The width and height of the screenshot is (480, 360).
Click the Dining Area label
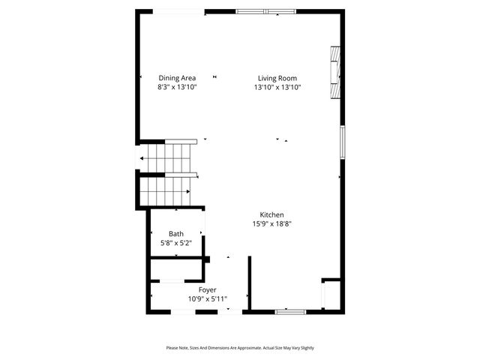177,78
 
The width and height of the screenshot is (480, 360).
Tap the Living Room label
277,78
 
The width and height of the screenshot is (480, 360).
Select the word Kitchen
271,214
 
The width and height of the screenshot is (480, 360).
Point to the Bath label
176,234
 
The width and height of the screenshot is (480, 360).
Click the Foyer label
208,289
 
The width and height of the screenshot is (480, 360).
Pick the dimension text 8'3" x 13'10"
177,88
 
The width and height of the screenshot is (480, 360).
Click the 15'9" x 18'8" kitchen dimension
271,223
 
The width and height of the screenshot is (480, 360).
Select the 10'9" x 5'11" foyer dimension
208,299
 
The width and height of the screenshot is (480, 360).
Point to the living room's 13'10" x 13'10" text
277,88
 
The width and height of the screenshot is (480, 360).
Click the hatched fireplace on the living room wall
335,72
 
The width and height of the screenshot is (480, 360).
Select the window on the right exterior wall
343,142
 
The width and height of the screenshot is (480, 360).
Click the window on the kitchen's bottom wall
289,310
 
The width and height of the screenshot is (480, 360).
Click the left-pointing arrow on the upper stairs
142,158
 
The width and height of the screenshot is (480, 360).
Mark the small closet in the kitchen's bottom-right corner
331,294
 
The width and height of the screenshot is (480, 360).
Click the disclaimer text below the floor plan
240,348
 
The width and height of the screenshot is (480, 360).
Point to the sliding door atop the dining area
178,11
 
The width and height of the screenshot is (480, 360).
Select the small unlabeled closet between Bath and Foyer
178,269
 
